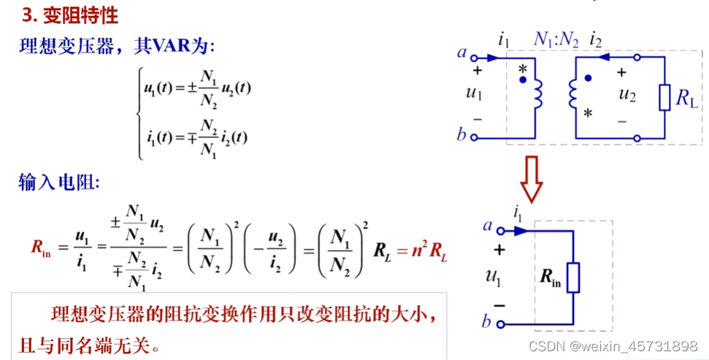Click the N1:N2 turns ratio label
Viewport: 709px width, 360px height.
(x=556, y=41)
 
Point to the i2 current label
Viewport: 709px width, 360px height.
(x=596, y=39)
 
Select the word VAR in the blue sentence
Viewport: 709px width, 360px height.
(x=169, y=46)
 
